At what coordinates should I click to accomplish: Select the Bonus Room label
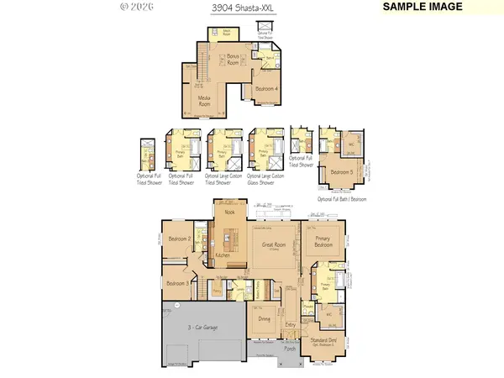point(232,60)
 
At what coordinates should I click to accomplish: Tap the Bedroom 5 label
point(341,172)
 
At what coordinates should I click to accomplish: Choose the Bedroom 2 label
point(178,239)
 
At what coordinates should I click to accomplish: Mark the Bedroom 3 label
point(178,284)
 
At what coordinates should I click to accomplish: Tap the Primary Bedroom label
point(323,243)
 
